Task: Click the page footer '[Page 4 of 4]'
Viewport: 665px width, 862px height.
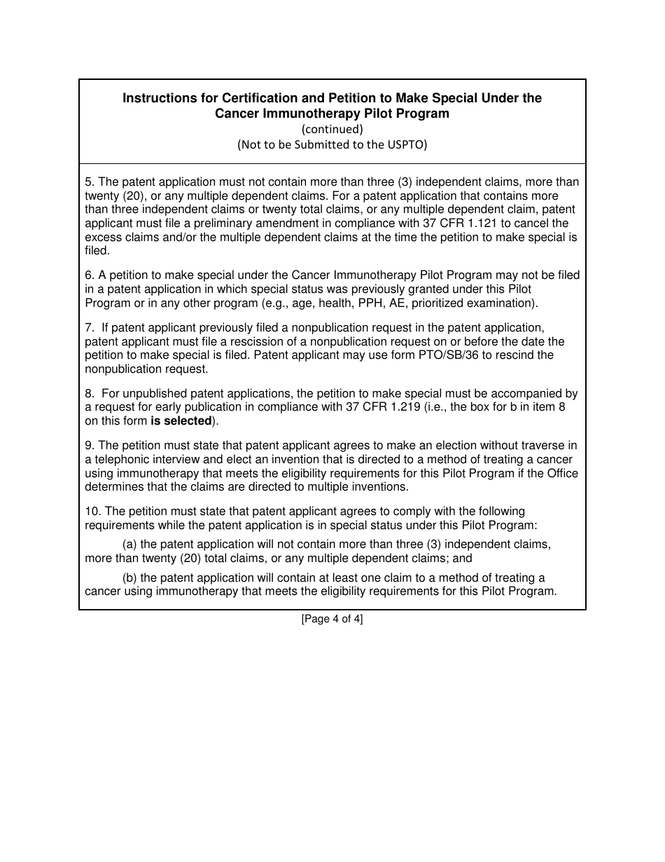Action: click(x=332, y=619)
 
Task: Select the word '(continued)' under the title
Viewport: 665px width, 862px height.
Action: click(x=332, y=129)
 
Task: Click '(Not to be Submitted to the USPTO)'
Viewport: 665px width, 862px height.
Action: click(x=332, y=144)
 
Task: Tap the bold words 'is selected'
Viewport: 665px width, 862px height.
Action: click(x=181, y=420)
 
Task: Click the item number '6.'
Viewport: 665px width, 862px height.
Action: click(x=90, y=275)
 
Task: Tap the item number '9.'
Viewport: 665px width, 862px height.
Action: click(x=90, y=445)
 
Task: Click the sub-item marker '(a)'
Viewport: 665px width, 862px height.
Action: click(x=129, y=545)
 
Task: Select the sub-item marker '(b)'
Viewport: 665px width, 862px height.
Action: click(x=129, y=577)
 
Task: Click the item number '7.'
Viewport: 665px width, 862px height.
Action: click(x=90, y=327)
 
